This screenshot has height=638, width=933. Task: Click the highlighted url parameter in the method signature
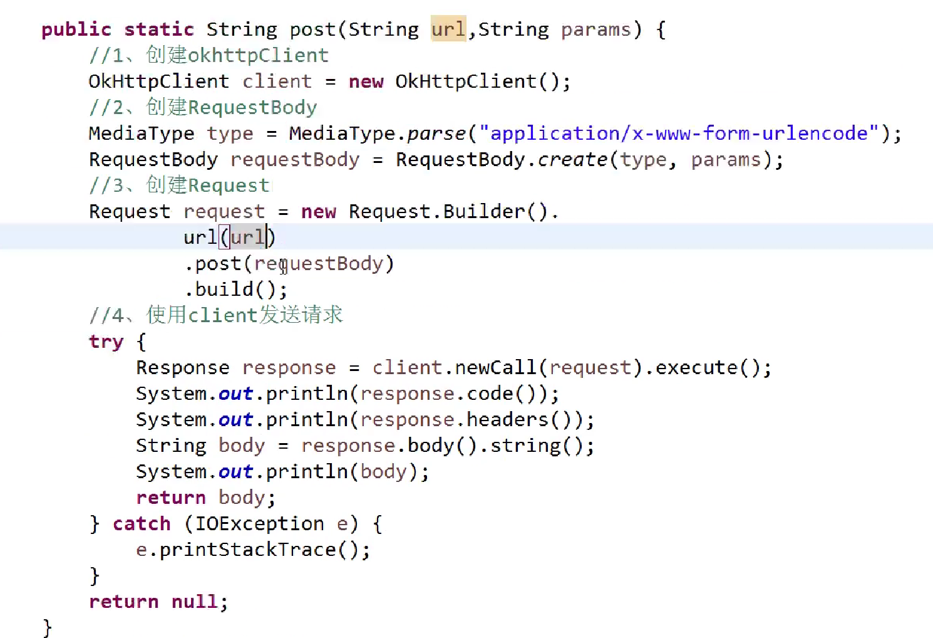pos(448,29)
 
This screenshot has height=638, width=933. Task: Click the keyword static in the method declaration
pos(159,29)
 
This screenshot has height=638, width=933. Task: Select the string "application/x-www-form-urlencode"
pos(679,133)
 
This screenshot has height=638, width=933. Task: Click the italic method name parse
pos(436,134)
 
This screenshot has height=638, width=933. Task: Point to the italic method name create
pos(572,160)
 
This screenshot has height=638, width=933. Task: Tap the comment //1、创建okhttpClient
pos(209,55)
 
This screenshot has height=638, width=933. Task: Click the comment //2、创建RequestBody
pos(203,107)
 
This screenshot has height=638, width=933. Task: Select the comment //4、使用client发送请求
pos(216,315)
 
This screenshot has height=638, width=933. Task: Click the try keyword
pos(106,342)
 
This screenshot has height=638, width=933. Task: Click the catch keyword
pos(142,524)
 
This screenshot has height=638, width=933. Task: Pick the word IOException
pos(259,524)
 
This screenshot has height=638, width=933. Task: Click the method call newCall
pos(495,367)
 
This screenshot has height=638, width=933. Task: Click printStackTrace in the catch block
pos(247,550)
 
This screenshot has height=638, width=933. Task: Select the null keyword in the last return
pos(195,601)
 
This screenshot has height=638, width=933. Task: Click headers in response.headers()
pos(507,419)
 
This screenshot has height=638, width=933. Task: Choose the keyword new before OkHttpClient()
pos(366,82)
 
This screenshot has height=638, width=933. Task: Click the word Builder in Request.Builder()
pos(483,211)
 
